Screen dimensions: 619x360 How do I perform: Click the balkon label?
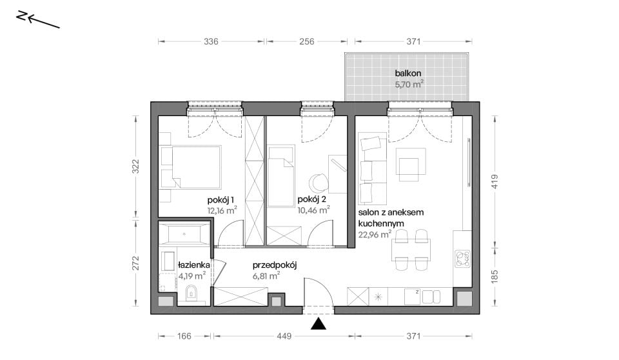[x=408, y=73]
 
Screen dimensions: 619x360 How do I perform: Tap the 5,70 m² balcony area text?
[x=409, y=84]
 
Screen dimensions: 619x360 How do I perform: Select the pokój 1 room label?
[x=221, y=199]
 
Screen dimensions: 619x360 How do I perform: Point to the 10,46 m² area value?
[x=314, y=210]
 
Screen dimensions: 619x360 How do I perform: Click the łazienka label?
[x=194, y=265]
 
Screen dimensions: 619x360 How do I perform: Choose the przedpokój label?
[x=275, y=265]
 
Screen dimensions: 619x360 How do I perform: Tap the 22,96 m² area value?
[x=375, y=234]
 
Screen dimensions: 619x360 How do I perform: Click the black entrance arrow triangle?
[x=318, y=324]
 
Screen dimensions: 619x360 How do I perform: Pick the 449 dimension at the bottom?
[x=284, y=336]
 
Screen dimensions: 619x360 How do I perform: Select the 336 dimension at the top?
[x=211, y=41]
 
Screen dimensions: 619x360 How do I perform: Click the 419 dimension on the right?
[x=495, y=181]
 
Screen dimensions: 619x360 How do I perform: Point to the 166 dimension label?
[x=184, y=336]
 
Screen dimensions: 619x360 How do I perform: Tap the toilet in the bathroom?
[x=192, y=293]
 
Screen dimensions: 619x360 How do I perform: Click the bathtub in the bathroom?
[x=184, y=234]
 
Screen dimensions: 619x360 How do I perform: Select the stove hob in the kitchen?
[x=462, y=259]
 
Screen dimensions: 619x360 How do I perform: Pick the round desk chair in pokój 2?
[x=318, y=183]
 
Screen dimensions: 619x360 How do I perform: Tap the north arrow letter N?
[x=22, y=15]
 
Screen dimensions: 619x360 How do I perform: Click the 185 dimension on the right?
[x=495, y=276]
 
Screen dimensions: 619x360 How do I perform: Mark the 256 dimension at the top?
[x=307, y=41]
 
